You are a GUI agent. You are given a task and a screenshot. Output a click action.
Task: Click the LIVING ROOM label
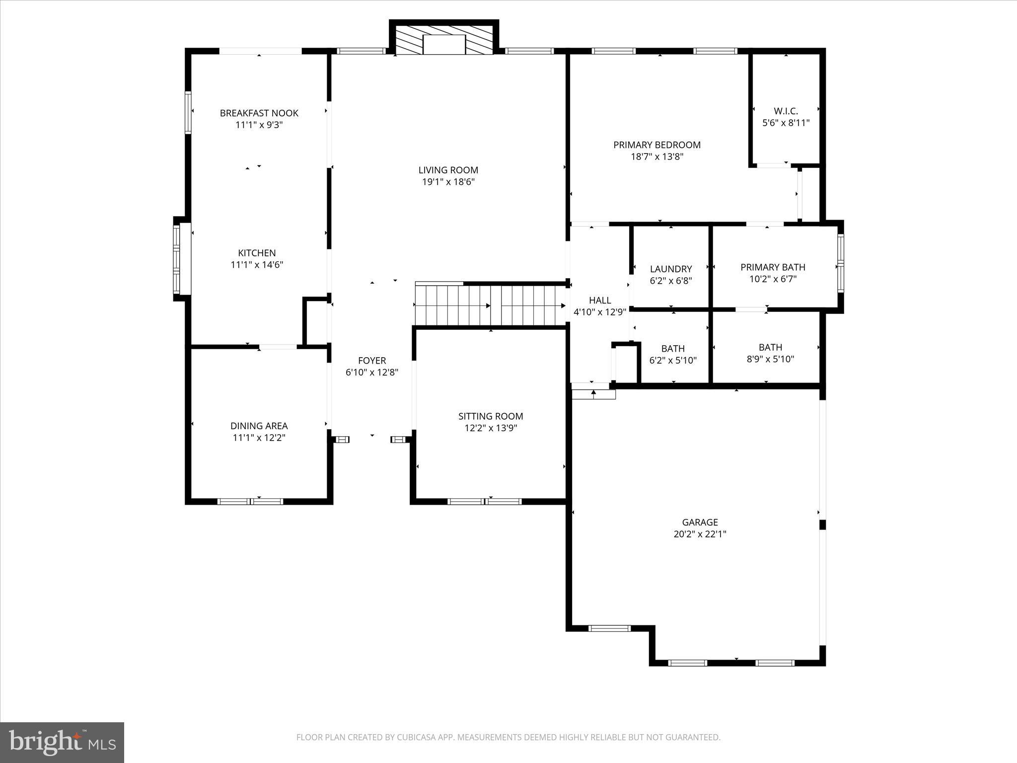click(x=448, y=170)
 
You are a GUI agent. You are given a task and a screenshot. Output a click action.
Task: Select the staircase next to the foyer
click(x=490, y=305)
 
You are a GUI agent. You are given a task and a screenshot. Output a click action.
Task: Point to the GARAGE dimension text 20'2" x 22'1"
click(x=700, y=534)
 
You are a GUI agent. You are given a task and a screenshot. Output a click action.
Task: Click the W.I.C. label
click(x=786, y=111)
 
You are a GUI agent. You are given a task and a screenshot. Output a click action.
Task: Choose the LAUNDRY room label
click(x=671, y=269)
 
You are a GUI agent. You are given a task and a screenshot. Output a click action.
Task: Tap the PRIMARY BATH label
click(x=773, y=267)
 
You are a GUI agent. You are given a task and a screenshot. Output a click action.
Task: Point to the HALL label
click(x=600, y=301)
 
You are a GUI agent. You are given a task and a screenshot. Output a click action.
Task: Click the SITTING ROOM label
click(x=491, y=416)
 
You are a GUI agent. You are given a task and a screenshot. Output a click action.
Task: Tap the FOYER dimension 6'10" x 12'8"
click(x=372, y=373)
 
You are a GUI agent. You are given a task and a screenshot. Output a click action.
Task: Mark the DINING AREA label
click(x=259, y=426)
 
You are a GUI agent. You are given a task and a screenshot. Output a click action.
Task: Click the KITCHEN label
click(x=257, y=253)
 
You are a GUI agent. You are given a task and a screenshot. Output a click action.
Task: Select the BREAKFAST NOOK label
click(x=259, y=113)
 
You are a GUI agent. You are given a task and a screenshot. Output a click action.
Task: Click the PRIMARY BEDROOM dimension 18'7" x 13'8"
click(x=657, y=157)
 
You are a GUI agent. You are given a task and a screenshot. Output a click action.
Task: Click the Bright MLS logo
click(x=62, y=742)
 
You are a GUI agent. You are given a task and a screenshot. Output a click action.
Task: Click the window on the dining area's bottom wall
click(x=251, y=501)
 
